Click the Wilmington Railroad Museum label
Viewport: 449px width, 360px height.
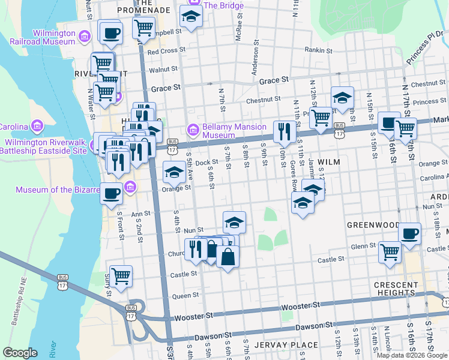click(42, 37)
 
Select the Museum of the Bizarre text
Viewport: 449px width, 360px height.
click(58, 190)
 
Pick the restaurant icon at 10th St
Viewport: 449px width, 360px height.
click(283, 130)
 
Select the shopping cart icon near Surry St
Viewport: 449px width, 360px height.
click(121, 276)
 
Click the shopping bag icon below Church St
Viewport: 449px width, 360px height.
click(229, 256)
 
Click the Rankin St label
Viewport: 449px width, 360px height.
click(318, 50)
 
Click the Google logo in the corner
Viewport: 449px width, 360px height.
click(20, 353)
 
